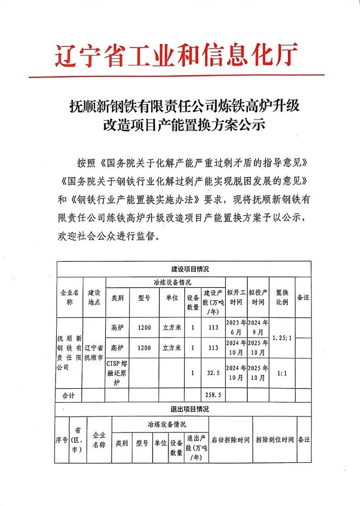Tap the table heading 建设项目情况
click(186, 269)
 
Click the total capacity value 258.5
click(213, 394)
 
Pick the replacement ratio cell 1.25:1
click(281, 337)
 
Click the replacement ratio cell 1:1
click(281, 373)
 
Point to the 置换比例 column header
click(281, 297)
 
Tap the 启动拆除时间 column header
click(230, 439)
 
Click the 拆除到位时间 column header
click(274, 439)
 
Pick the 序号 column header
click(61, 439)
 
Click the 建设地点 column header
click(94, 297)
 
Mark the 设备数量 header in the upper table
click(193, 302)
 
